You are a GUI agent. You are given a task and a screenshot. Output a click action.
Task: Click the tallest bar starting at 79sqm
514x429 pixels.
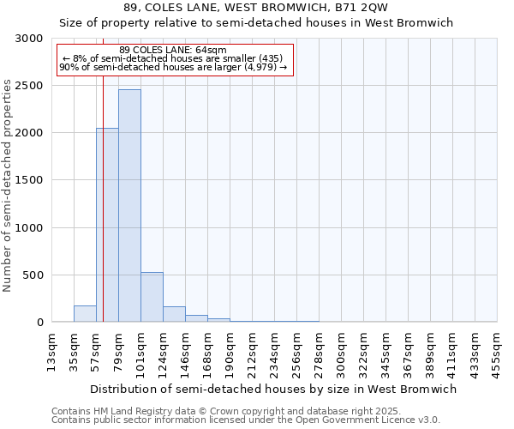pos(129,206)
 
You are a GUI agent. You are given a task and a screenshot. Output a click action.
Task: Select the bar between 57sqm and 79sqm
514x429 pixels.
pos(107,225)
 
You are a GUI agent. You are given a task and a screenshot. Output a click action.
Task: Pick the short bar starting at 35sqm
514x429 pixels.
pos(85,314)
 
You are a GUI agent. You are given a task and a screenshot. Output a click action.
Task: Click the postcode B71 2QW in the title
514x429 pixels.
pos(363,7)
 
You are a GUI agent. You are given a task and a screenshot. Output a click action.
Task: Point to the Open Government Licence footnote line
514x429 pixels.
pos(246,420)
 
